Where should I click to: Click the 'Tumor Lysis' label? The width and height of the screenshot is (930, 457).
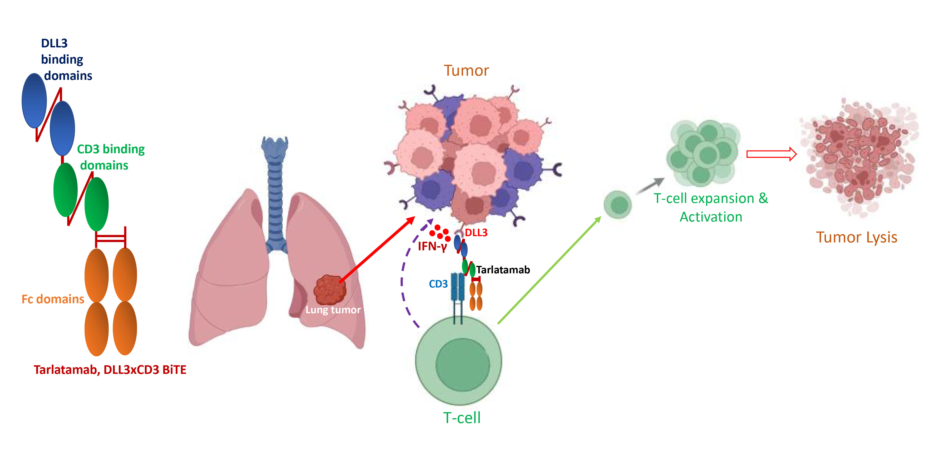click(x=856, y=237)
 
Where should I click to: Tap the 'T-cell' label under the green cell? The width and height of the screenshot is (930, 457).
click(x=462, y=418)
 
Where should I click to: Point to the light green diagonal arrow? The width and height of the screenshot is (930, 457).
click(x=549, y=271)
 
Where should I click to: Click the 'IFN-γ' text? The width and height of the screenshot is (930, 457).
click(x=432, y=247)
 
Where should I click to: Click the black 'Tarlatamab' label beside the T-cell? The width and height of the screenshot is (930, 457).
click(x=503, y=270)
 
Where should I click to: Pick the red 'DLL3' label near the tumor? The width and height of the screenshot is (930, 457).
click(x=476, y=233)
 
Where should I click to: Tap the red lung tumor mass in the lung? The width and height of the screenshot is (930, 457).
click(x=329, y=290)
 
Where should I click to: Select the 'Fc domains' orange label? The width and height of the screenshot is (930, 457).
click(x=53, y=299)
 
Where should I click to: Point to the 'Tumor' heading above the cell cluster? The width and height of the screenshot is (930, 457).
click(x=466, y=71)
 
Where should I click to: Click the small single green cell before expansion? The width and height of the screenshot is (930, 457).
click(x=618, y=205)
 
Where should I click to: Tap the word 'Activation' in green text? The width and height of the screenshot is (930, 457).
click(x=711, y=217)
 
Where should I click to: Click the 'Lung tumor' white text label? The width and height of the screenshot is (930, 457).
click(x=333, y=310)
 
